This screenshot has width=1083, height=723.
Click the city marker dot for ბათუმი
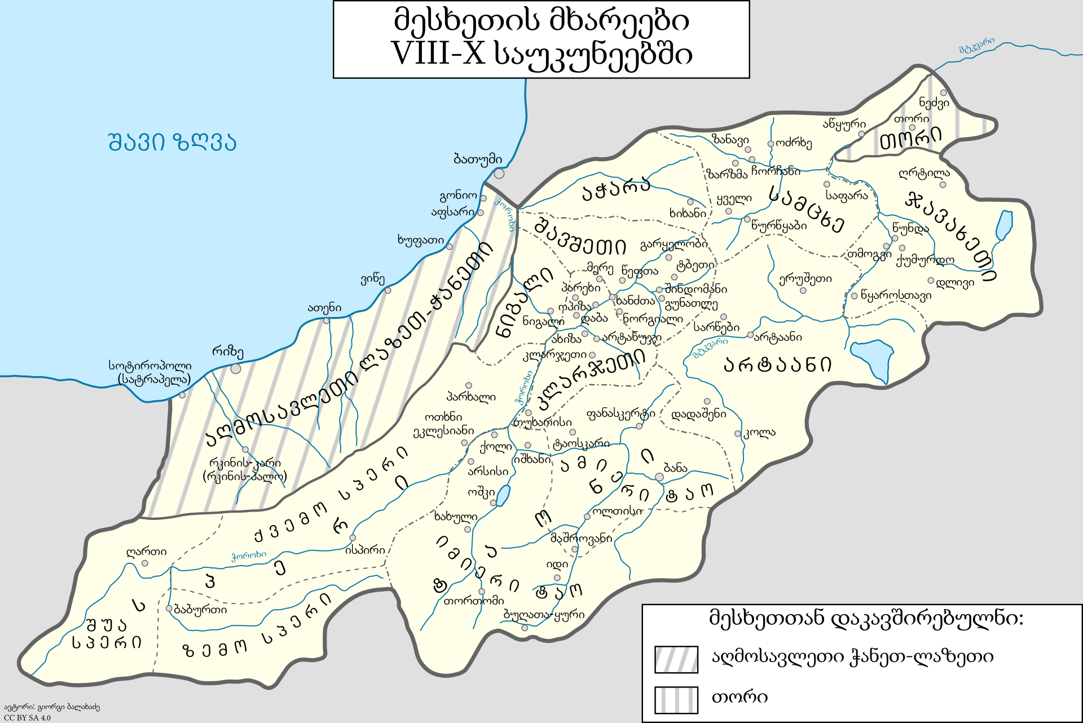(499, 173)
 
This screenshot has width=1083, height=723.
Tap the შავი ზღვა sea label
(172, 142)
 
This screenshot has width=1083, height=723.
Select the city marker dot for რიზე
(236, 369)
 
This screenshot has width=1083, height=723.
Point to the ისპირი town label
(365, 550)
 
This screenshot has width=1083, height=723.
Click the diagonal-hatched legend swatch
(676, 659)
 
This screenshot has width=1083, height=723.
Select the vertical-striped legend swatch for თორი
(676, 700)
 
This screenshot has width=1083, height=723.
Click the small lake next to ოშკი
(502, 496)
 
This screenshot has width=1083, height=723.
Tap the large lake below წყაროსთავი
(872, 359)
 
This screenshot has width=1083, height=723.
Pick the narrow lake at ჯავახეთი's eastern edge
(1004, 226)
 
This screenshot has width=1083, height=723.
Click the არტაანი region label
(777, 365)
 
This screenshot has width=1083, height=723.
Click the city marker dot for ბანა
(659, 477)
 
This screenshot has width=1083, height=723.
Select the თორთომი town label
(474, 601)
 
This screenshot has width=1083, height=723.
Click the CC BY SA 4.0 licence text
(27, 717)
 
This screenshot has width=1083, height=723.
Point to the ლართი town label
(146, 552)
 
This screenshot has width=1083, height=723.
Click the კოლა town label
(760, 433)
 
